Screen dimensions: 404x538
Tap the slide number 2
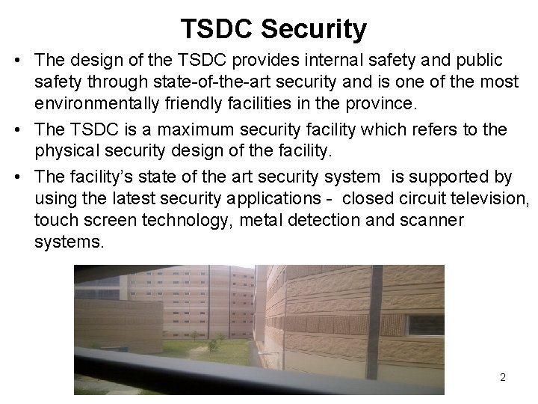[x=503, y=377]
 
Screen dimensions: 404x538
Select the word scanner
[x=431, y=221]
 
